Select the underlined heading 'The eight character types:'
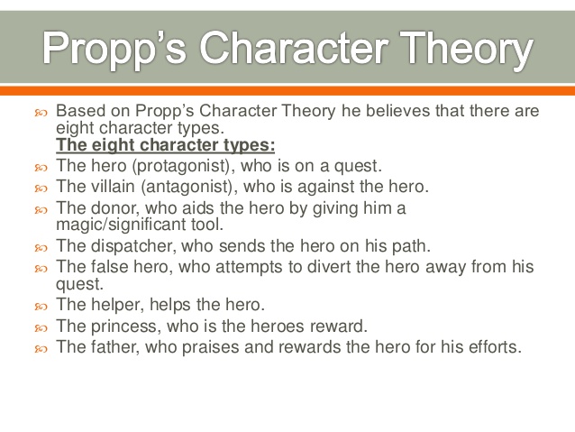(x=165, y=144)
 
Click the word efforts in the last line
(x=492, y=347)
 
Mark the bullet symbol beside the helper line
(x=41, y=306)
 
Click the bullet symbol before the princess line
(x=41, y=327)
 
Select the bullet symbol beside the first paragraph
(x=41, y=113)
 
